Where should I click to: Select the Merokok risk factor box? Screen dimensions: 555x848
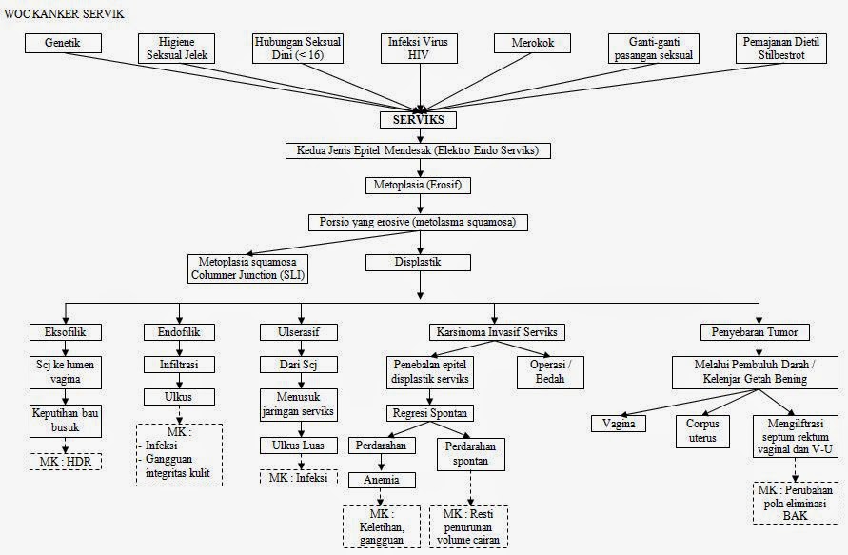pyautogui.click(x=531, y=44)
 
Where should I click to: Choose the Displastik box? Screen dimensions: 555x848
pyautogui.click(x=419, y=262)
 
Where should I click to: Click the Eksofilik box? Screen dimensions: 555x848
pyautogui.click(x=66, y=332)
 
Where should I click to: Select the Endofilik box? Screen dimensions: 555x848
pyautogui.click(x=178, y=332)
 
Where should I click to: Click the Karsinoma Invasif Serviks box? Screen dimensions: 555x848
pyautogui.click(x=495, y=332)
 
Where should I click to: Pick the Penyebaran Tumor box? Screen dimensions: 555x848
pyautogui.click(x=754, y=332)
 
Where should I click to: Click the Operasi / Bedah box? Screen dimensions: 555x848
pyautogui.click(x=550, y=371)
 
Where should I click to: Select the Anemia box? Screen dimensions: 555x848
pyautogui.click(x=381, y=480)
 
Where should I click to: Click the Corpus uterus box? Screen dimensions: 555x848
pyautogui.click(x=703, y=429)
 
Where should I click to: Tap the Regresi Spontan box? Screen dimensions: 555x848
pyautogui.click(x=428, y=413)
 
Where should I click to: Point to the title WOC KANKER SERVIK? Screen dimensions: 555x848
pyautogui.click(x=63, y=13)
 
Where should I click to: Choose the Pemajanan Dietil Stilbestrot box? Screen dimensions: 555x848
pyautogui.click(x=787, y=49)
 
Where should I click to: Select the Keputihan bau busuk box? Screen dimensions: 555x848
pyautogui.click(x=65, y=421)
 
